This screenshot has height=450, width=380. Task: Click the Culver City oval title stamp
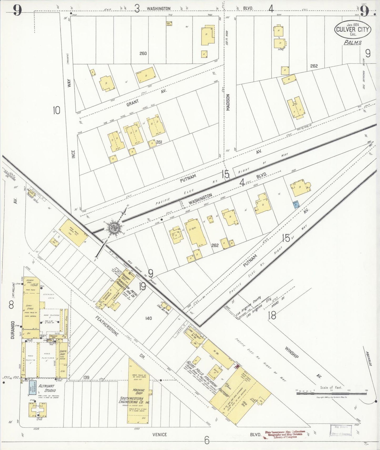[x=353, y=29]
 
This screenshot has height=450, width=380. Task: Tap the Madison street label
[x=228, y=102]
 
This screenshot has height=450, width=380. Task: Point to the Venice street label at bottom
[x=160, y=435]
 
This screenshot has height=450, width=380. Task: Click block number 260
[x=143, y=54]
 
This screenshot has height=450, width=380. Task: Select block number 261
[x=159, y=142]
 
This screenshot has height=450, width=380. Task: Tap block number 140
[x=149, y=318]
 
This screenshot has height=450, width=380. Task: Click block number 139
[x=86, y=377]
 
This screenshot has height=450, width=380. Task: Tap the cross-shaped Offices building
[x=38, y=409]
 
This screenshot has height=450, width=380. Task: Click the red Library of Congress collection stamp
[x=285, y=434]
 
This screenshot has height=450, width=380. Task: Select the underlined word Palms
[x=353, y=43]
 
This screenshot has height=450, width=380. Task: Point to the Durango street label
[x=13, y=330]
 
